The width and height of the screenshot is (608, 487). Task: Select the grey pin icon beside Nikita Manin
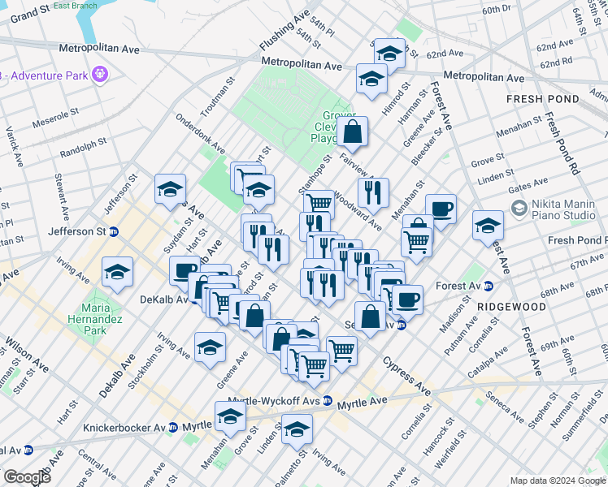click(519, 209)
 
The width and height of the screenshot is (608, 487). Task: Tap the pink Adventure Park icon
click(101, 75)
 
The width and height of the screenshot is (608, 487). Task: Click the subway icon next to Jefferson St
click(115, 231)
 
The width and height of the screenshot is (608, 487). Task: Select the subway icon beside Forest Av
click(489, 286)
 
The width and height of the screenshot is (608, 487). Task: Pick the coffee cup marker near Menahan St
click(441, 209)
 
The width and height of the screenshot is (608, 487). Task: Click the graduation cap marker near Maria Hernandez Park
click(118, 272)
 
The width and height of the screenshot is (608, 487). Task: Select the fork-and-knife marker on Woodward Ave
click(373, 192)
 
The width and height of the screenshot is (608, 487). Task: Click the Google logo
click(28, 477)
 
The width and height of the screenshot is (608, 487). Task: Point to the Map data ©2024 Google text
click(557, 480)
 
